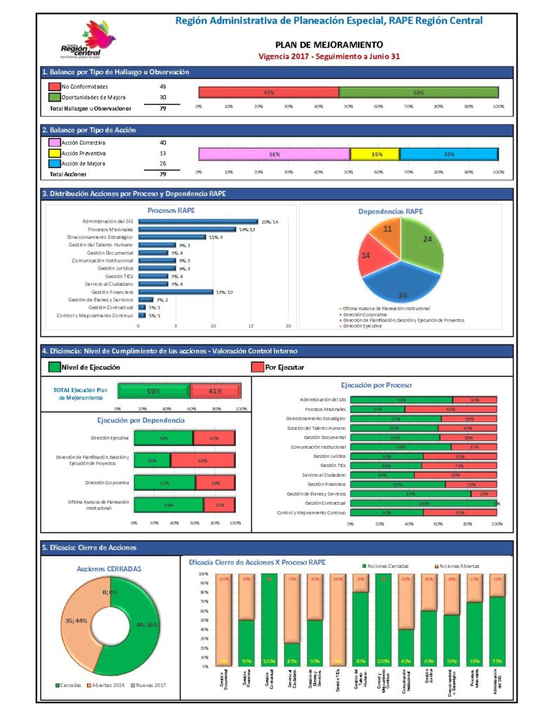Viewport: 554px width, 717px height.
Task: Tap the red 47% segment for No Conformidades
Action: (x=268, y=92)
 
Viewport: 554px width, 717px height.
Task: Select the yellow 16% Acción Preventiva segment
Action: (x=375, y=154)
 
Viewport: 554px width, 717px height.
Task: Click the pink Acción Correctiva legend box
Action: (x=53, y=142)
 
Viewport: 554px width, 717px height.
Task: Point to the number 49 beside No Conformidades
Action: (x=162, y=86)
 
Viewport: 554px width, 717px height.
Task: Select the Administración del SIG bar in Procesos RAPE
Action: (x=198, y=221)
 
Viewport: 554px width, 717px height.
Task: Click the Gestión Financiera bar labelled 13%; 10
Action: (x=175, y=292)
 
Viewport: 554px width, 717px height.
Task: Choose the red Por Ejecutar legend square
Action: (x=256, y=366)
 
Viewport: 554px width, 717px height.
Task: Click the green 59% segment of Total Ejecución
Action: (x=153, y=391)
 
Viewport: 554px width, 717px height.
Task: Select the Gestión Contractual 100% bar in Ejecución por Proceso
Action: (x=422, y=503)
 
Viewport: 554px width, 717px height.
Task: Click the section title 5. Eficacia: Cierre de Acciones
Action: (x=89, y=548)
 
